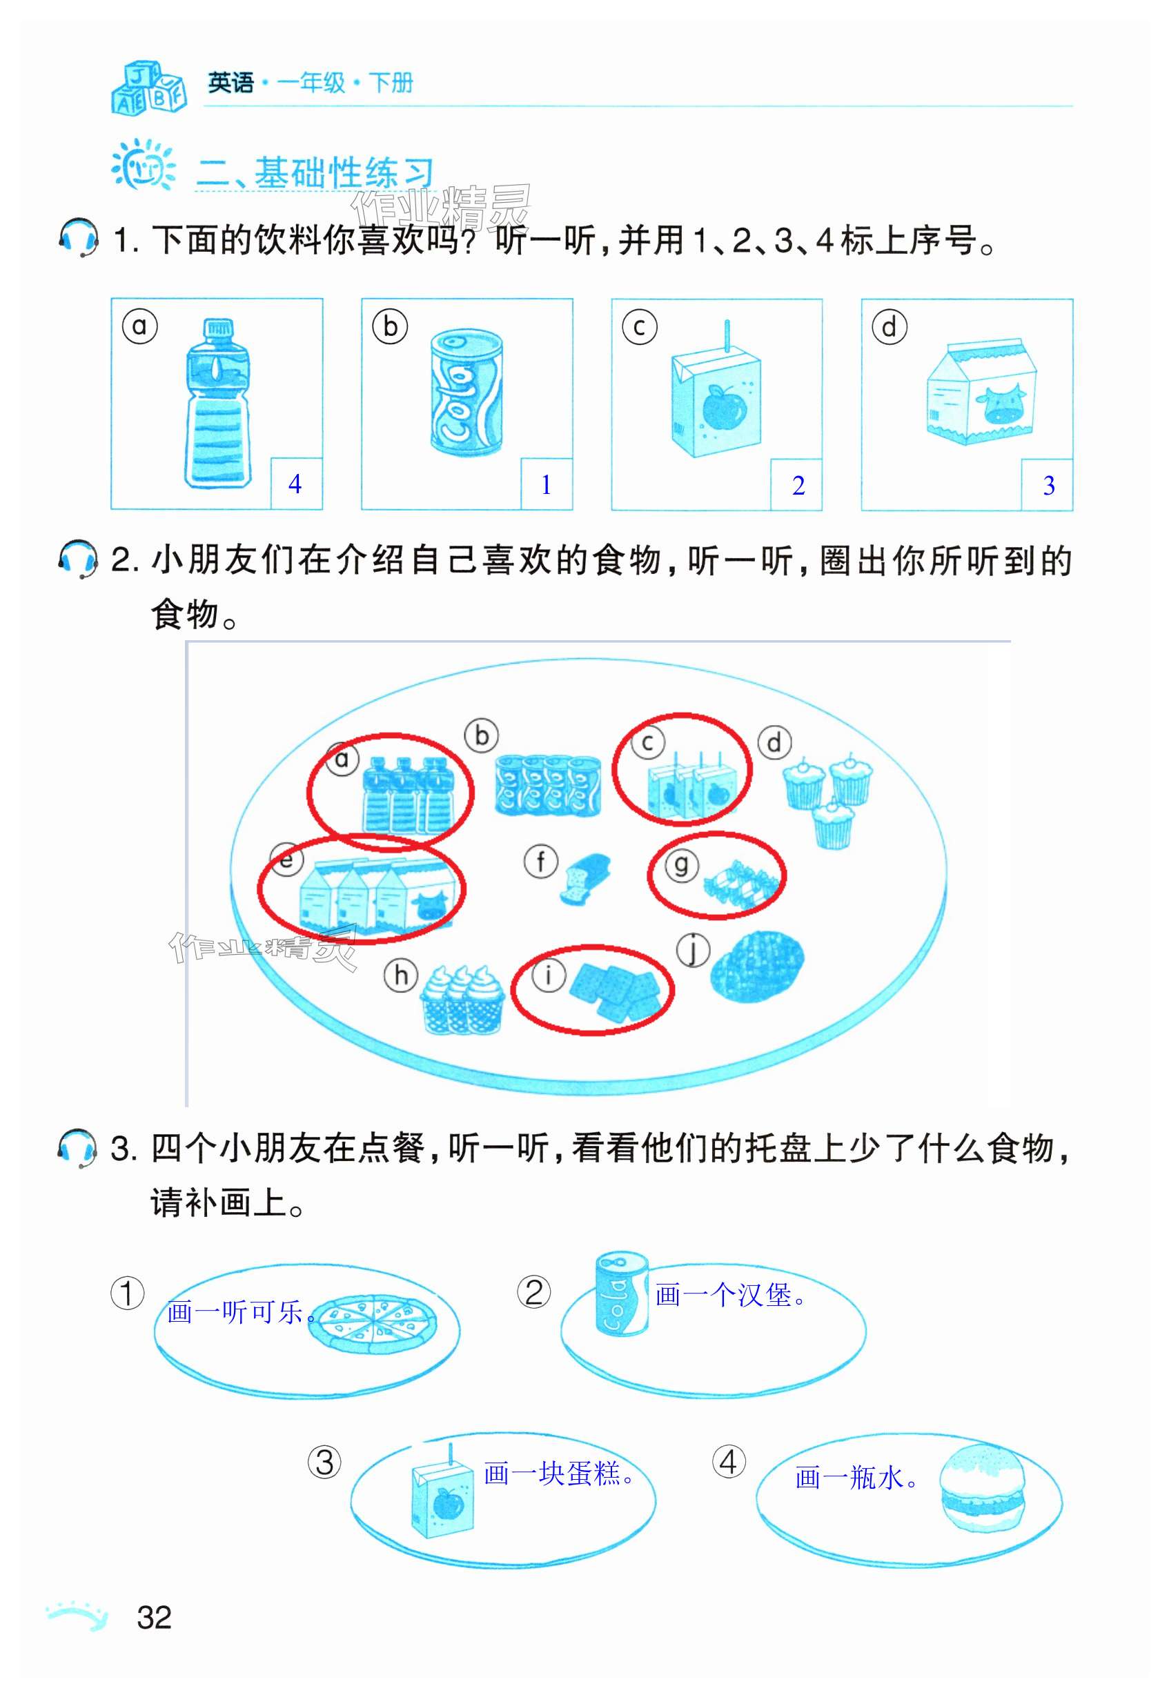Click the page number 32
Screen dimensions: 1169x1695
(154, 1616)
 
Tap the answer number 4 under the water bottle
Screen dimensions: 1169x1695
(295, 484)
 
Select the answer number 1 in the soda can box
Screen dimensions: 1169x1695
(546, 485)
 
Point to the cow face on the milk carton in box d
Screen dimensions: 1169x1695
(1001, 406)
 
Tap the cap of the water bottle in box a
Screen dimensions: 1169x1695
(217, 330)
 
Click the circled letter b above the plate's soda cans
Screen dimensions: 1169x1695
(481, 735)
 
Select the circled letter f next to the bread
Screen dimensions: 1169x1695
(540, 861)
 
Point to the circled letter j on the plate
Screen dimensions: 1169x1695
(692, 951)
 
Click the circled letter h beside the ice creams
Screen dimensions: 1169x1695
(401, 975)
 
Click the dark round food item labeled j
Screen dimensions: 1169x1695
(757, 965)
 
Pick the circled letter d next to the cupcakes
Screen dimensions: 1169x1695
(774, 742)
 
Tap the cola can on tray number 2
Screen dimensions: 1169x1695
(622, 1293)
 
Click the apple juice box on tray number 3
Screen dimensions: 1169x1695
(442, 1501)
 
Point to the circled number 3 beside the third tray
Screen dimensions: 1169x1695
(324, 1462)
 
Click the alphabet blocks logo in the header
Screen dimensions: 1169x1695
(148, 88)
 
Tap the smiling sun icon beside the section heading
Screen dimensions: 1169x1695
(143, 166)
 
